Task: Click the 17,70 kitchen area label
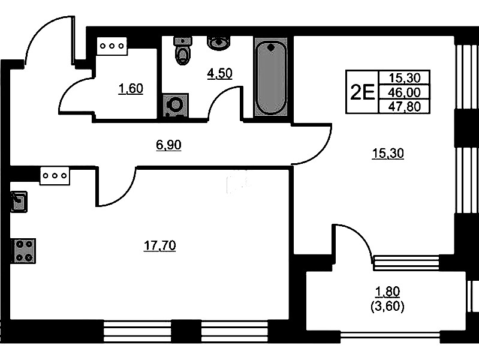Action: (160, 245)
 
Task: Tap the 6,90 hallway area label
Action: (168, 145)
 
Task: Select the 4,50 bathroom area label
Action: (219, 73)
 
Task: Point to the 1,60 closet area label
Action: (131, 89)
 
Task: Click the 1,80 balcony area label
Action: (387, 292)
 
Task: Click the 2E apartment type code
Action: (362, 92)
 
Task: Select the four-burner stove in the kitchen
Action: (23, 251)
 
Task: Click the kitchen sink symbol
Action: (19, 202)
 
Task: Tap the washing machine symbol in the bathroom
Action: (175, 106)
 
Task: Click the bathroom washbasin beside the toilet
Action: (219, 43)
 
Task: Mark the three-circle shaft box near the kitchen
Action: (55, 176)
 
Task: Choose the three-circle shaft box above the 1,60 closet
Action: (112, 46)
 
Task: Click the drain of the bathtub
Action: (270, 47)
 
